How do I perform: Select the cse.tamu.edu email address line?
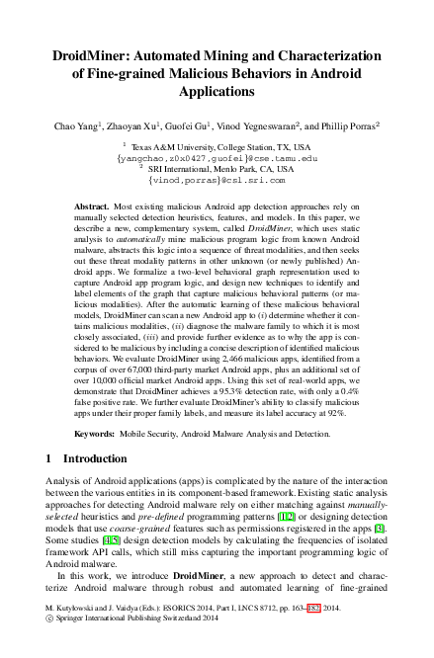pyautogui.click(x=217, y=156)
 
